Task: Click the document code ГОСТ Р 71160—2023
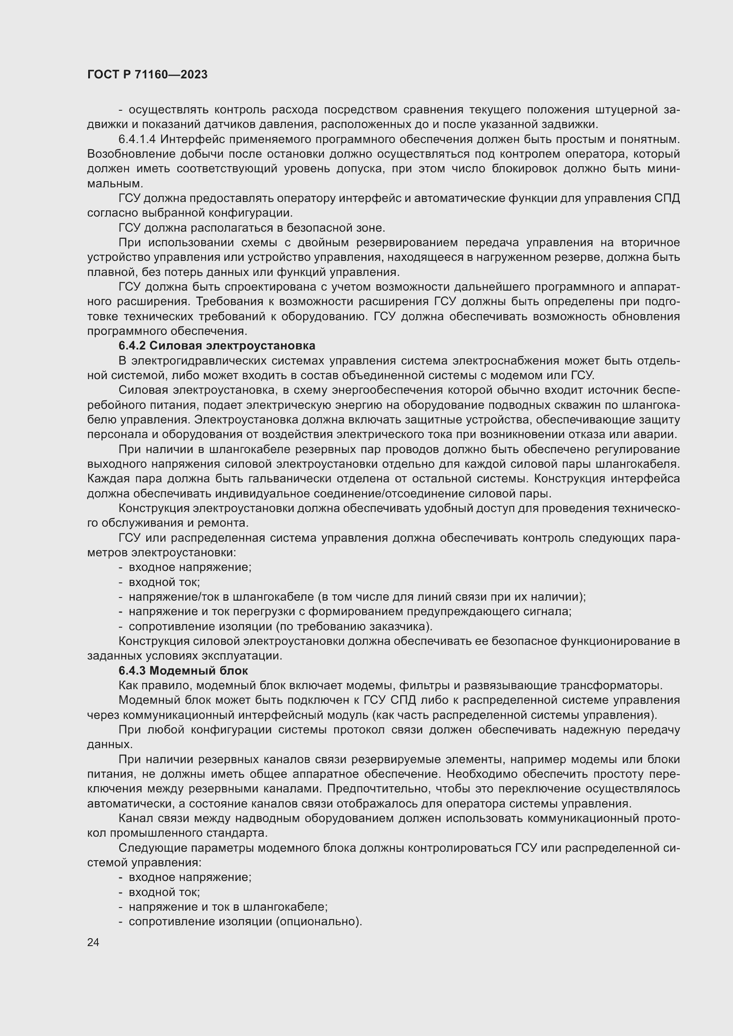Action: tap(147, 74)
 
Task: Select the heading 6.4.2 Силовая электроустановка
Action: tap(217, 345)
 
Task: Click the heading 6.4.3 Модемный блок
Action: tap(183, 671)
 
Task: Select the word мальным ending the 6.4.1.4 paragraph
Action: tap(115, 184)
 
